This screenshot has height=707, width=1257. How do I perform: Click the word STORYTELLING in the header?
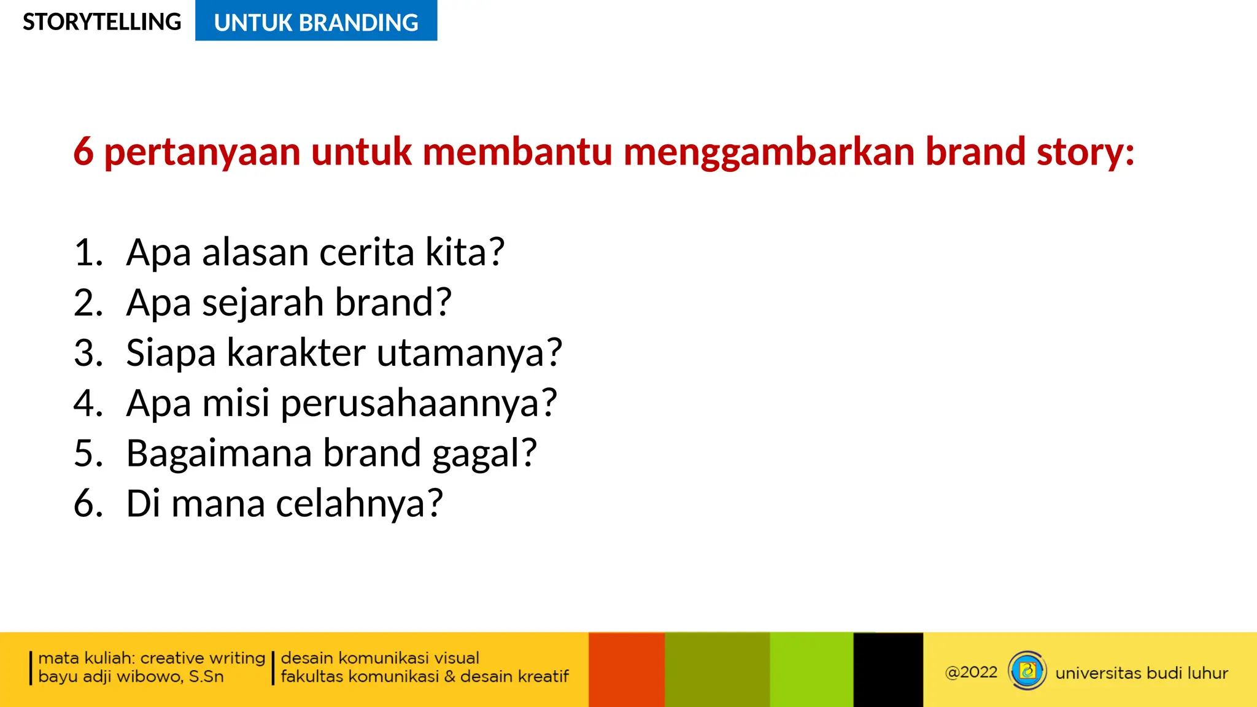102,22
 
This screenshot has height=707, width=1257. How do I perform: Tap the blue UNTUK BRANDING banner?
316,22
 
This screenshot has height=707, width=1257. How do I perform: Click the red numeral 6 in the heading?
83,152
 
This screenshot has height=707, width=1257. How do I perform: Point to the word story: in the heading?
1085,152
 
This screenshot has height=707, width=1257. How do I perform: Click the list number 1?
88,252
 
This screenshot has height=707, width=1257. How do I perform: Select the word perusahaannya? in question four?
419,404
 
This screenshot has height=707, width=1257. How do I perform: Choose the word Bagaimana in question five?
219,454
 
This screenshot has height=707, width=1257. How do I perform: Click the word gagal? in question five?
484,455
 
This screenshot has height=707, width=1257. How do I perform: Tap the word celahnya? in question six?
359,504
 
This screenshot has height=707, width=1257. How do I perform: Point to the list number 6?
88,504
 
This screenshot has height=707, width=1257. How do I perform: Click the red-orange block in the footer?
626,670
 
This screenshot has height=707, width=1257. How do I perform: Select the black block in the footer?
888,670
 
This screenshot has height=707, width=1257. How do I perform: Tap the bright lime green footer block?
811,670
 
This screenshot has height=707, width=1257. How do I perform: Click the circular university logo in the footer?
1027,671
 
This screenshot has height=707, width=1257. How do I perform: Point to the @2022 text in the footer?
971,673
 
